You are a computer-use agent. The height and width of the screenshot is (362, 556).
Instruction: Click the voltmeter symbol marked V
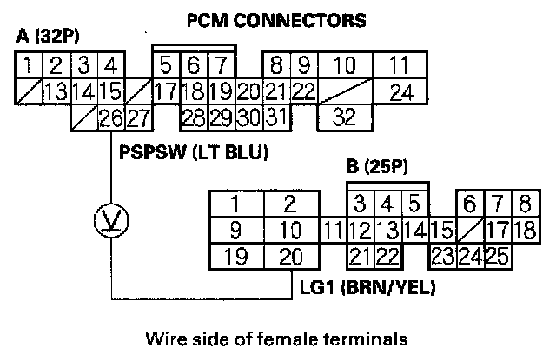[110, 224]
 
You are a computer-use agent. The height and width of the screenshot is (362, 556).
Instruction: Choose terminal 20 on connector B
[292, 257]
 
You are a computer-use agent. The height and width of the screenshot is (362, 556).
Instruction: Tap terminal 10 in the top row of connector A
[345, 65]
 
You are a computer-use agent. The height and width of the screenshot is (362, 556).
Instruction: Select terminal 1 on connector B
[234, 204]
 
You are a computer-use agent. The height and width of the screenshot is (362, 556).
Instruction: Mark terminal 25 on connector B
[498, 257]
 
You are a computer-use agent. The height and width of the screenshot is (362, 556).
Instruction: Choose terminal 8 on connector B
[525, 204]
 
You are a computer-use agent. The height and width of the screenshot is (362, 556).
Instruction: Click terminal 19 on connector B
[234, 257]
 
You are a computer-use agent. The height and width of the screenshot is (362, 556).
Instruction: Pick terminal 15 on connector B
[441, 231]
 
